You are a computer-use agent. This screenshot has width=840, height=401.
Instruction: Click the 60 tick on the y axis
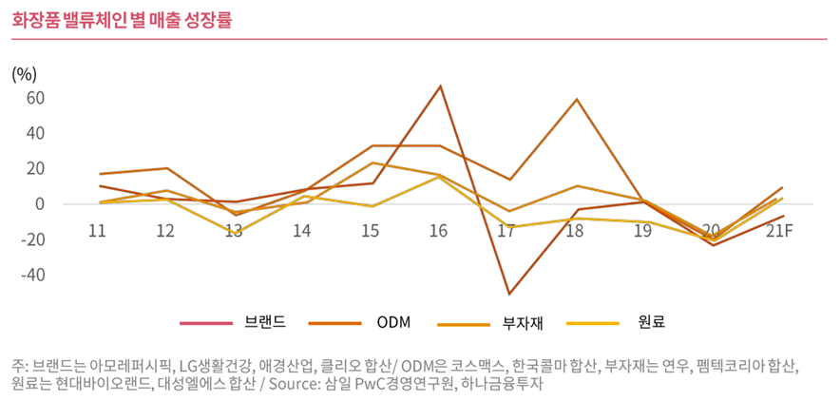click(x=35, y=97)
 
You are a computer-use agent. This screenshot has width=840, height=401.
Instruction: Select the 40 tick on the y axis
click(x=35, y=133)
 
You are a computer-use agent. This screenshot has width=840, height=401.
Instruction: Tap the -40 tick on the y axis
click(x=31, y=275)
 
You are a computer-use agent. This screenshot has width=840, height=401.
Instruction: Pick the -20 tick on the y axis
click(x=31, y=239)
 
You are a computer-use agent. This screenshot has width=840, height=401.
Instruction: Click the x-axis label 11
click(x=96, y=231)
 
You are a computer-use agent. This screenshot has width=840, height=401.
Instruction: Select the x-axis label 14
click(x=302, y=231)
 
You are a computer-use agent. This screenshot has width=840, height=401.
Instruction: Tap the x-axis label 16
click(x=439, y=231)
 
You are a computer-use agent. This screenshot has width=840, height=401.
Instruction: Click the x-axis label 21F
click(x=780, y=231)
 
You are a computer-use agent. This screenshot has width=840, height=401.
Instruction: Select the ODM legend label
click(x=393, y=322)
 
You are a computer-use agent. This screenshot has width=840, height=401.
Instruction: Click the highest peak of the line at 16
click(x=440, y=86)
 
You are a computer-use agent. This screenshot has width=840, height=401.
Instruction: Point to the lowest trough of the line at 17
click(x=508, y=294)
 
